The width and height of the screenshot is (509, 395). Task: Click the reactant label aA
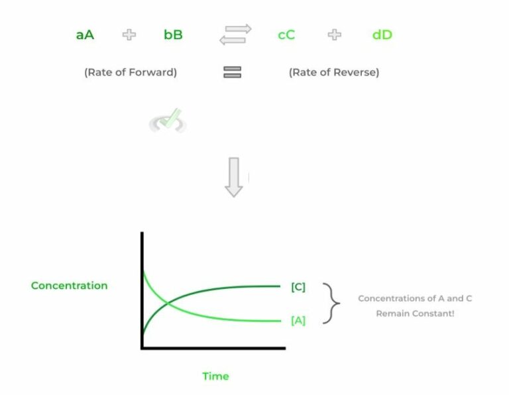(85, 34)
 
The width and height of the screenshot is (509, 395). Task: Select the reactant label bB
(173, 34)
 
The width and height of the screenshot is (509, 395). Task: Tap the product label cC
(286, 34)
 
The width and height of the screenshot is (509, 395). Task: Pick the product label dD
(382, 34)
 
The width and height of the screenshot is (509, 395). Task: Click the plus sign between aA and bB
(129, 34)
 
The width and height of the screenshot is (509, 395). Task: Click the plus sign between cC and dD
(335, 34)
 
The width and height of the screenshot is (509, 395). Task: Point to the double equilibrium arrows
(235, 34)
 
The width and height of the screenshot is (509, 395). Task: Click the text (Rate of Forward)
(131, 72)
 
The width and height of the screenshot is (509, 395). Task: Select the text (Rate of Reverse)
(334, 72)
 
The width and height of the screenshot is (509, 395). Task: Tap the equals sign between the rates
(232, 72)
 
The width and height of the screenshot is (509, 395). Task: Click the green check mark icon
(168, 121)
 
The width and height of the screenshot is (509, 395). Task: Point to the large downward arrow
(234, 176)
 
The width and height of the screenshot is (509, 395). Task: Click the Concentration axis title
(69, 286)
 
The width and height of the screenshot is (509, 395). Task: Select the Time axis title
(215, 376)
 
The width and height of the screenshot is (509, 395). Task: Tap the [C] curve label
(298, 286)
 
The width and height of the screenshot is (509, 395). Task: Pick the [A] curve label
(298, 321)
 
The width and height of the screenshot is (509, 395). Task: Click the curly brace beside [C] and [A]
(331, 304)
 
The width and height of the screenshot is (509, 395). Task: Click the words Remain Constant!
(415, 313)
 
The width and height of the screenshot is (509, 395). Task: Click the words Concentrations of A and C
(415, 298)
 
